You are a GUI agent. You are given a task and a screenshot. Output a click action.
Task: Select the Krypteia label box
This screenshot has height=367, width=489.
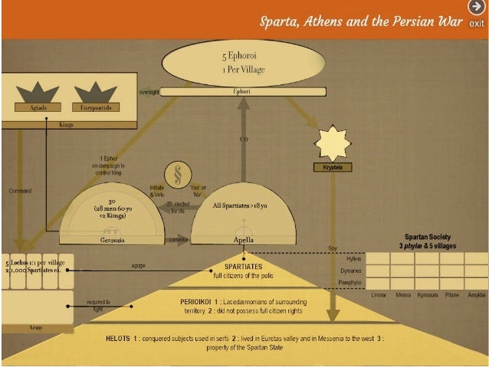[331, 166]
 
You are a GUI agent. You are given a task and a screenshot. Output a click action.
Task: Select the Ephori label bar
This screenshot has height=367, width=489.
[241, 92]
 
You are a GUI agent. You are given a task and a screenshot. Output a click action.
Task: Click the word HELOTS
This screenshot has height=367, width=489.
[122, 337]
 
